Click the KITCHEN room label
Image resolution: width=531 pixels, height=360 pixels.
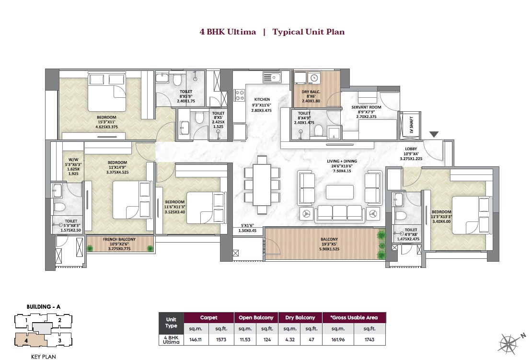262,100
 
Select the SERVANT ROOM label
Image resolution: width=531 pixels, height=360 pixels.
366,107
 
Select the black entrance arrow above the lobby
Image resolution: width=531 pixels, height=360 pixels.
433,135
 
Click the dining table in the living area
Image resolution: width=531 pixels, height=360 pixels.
262,185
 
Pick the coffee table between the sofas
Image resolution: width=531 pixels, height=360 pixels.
340,192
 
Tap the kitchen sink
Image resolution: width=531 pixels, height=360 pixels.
272,77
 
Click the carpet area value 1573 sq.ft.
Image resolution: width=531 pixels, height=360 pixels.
220,340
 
